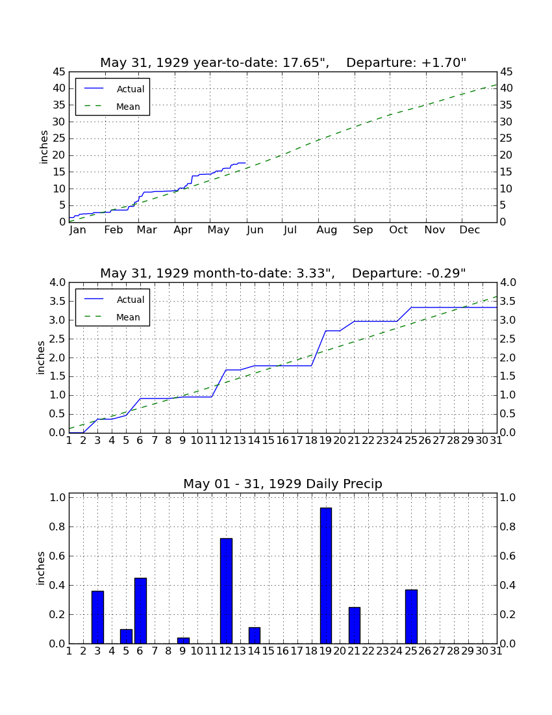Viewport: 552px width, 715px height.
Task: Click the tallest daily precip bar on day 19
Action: pyautogui.click(x=325, y=575)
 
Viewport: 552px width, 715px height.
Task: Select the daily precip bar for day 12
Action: pyautogui.click(x=226, y=591)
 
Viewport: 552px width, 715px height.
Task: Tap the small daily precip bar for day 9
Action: pyautogui.click(x=183, y=641)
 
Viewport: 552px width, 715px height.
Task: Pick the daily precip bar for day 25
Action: pyautogui.click(x=411, y=616)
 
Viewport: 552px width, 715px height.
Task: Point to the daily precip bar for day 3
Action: pyautogui.click(x=97, y=617)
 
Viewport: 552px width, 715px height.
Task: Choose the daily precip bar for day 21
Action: pyautogui.click(x=355, y=625)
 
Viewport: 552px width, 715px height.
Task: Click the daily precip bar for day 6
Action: pyautogui.click(x=140, y=610)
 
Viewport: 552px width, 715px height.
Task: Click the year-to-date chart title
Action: pyautogui.click(x=283, y=62)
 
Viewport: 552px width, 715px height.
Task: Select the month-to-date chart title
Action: pyautogui.click(x=283, y=273)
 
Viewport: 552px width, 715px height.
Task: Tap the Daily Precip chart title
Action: pyautogui.click(x=283, y=484)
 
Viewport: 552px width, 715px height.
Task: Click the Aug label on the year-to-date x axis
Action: pyautogui.click(x=327, y=230)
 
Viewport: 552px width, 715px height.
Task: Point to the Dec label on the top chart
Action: pyautogui.click(x=470, y=230)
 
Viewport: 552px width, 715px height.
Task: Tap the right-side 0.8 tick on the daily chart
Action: pyautogui.click(x=508, y=526)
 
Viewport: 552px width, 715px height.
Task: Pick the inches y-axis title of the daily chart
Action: pyautogui.click(x=41, y=568)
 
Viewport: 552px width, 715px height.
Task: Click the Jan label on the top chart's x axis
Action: pyautogui.click(x=78, y=230)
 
